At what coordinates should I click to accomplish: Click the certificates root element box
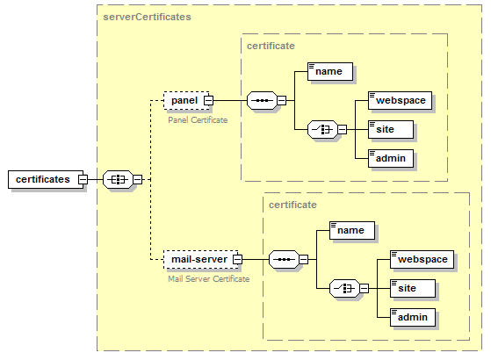click(42, 179)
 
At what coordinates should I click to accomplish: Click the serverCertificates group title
click(147, 17)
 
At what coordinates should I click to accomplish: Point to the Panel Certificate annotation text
click(198, 119)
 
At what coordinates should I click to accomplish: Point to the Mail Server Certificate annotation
click(208, 278)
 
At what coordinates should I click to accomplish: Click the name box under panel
click(330, 71)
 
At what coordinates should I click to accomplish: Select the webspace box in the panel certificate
click(401, 100)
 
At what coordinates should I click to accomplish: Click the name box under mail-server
click(351, 230)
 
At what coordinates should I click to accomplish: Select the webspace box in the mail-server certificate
click(422, 259)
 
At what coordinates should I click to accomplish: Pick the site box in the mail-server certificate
click(412, 288)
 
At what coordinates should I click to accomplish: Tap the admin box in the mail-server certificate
click(413, 317)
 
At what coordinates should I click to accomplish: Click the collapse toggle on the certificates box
click(83, 179)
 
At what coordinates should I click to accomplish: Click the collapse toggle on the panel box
click(208, 100)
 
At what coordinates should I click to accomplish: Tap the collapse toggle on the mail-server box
click(236, 259)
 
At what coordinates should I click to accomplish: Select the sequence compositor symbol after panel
click(262, 100)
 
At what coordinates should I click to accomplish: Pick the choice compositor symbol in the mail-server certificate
click(344, 288)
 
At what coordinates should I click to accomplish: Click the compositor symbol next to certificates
click(117, 179)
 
